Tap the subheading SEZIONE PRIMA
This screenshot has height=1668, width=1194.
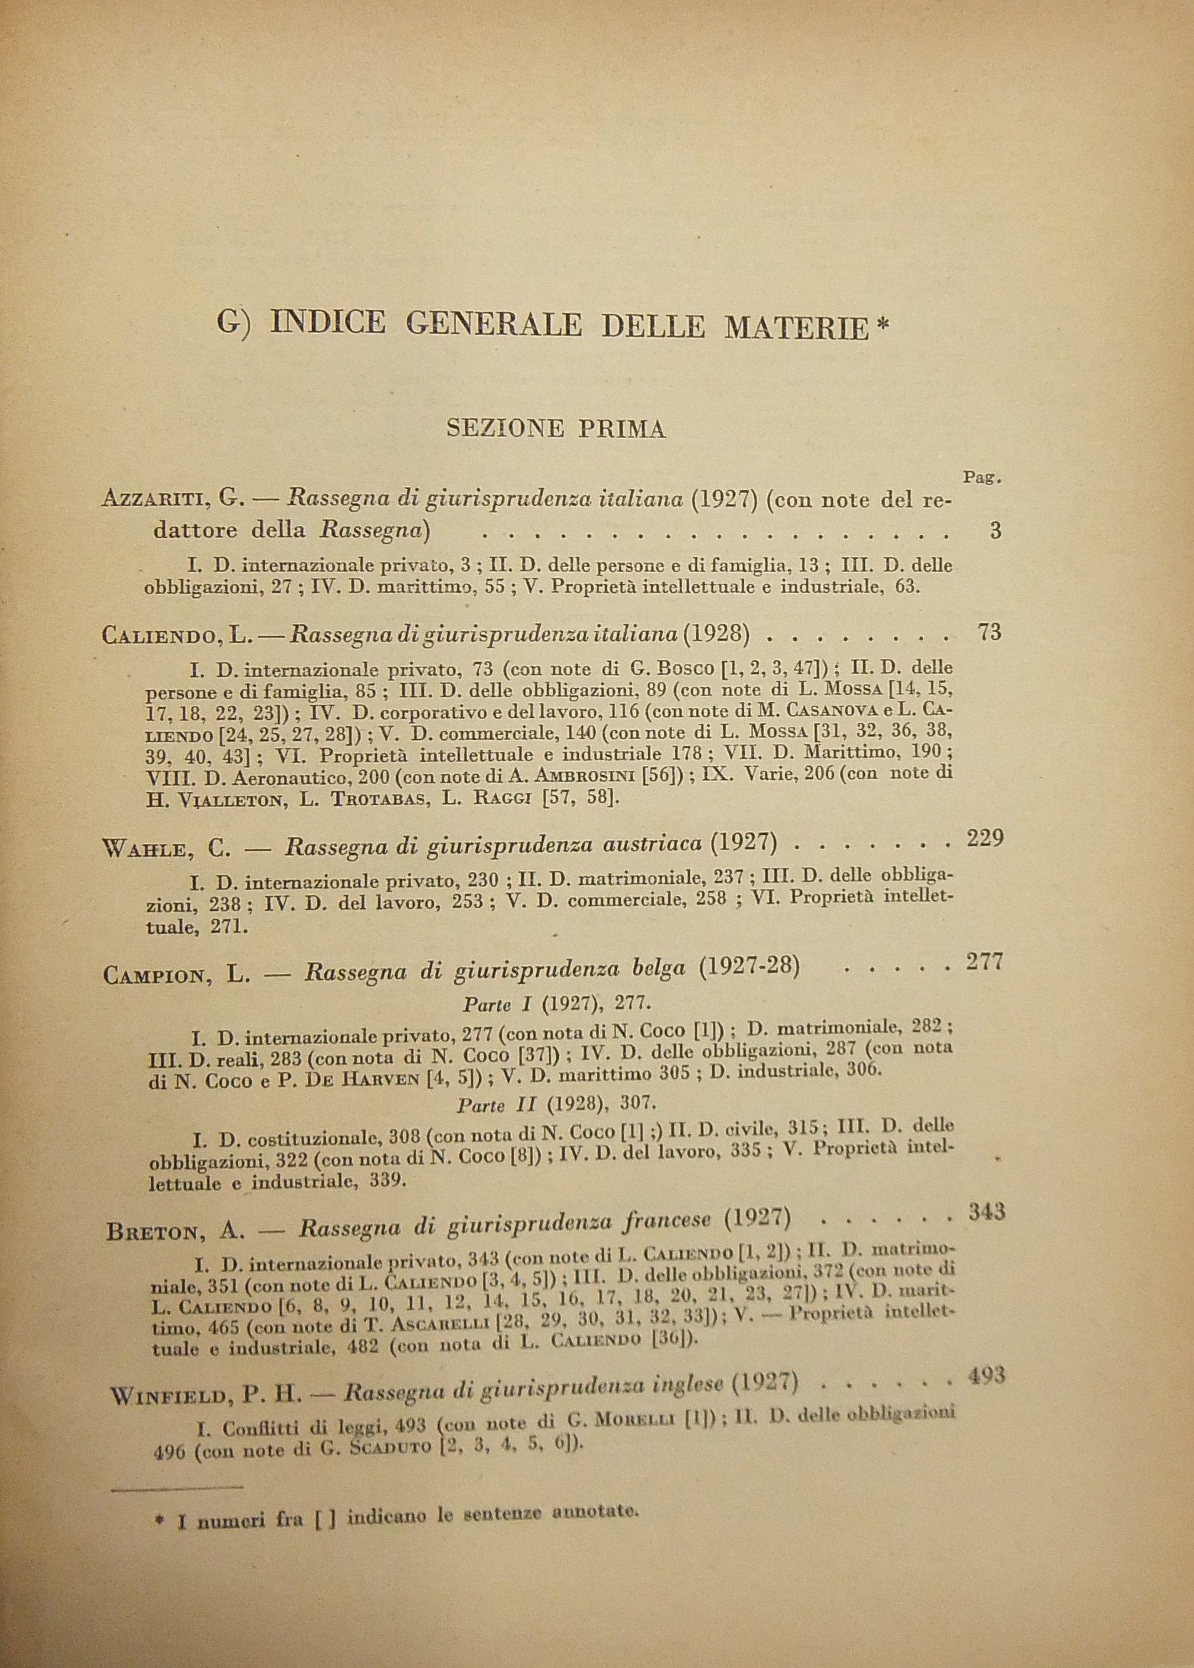point(556,429)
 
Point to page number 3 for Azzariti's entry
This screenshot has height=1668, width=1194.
point(996,531)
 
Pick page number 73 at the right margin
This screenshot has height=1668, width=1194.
point(989,632)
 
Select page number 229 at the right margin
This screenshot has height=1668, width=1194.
point(985,839)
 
